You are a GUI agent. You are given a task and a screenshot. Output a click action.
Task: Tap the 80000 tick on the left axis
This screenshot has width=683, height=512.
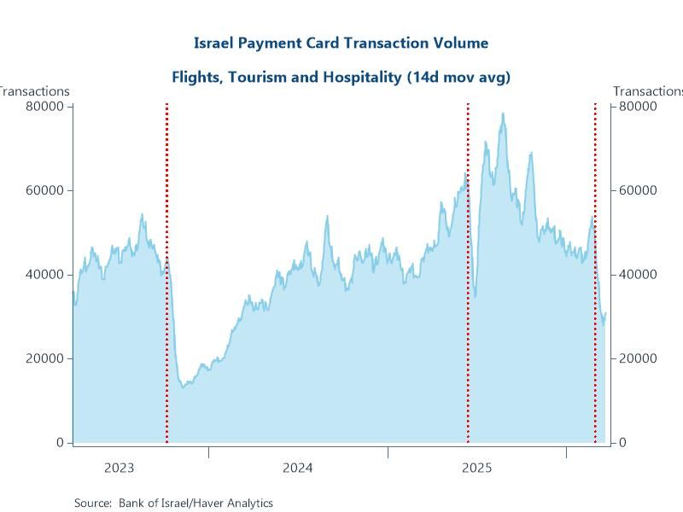(x=47, y=106)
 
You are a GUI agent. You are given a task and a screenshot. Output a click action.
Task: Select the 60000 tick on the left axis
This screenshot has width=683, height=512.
(x=47, y=190)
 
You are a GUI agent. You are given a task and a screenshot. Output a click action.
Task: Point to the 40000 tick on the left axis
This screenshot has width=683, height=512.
(x=47, y=274)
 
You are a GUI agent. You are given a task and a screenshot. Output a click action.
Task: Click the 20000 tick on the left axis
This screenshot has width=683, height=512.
(x=47, y=358)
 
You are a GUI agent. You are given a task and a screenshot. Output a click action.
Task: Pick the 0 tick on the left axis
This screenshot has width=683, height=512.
(x=60, y=442)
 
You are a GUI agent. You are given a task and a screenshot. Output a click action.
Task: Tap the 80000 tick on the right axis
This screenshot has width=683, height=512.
(x=638, y=106)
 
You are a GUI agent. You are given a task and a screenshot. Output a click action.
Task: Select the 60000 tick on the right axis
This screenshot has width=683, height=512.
(x=638, y=190)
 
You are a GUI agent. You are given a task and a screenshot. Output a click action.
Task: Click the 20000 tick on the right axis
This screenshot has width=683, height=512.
(x=638, y=358)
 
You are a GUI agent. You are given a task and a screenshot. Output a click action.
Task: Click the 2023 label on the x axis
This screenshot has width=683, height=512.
(x=119, y=468)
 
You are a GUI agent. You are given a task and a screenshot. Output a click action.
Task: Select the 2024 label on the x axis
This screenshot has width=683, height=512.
(x=297, y=468)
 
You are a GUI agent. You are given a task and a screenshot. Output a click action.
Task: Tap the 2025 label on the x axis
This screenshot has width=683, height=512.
(x=476, y=468)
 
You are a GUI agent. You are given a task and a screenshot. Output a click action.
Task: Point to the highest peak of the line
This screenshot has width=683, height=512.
(x=503, y=113)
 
